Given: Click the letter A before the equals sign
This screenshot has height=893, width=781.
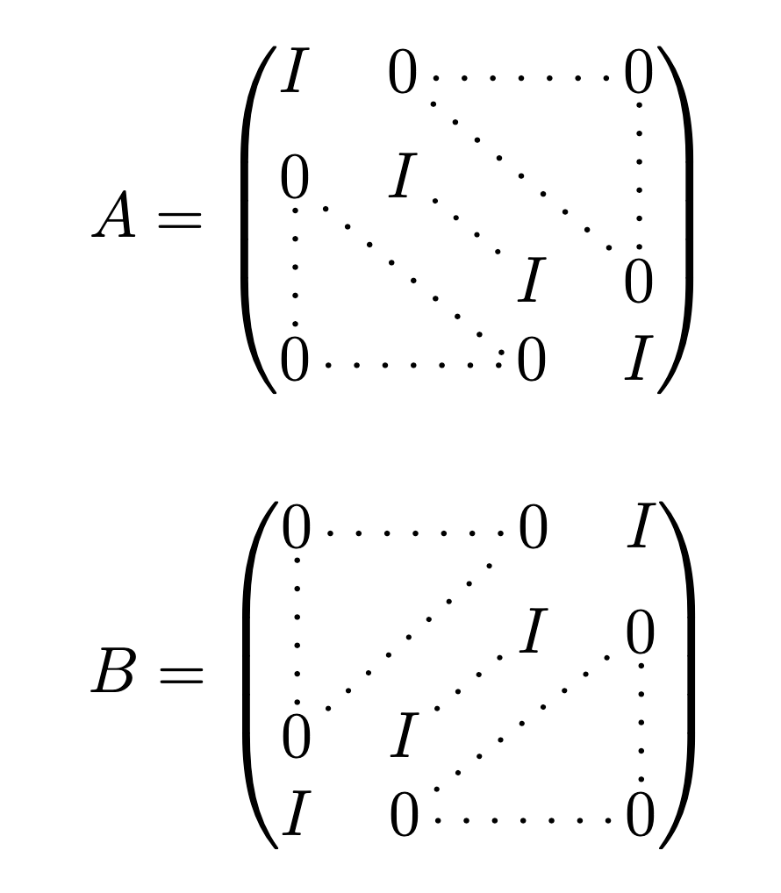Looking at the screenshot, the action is tap(115, 217).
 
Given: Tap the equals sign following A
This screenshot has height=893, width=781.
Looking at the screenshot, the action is tap(178, 220).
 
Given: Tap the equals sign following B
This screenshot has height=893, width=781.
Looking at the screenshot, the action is tap(178, 676).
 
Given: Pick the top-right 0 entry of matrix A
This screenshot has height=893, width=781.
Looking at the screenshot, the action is tap(639, 75).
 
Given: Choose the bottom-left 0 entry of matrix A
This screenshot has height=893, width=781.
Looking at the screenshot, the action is tap(295, 361).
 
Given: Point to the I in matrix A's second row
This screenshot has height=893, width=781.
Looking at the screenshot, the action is tap(403, 178).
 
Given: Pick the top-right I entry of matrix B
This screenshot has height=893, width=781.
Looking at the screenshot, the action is tap(641, 529).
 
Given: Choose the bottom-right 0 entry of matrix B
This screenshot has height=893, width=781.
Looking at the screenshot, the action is tap(641, 817).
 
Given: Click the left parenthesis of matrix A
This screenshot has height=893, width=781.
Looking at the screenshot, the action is tap(257, 219).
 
